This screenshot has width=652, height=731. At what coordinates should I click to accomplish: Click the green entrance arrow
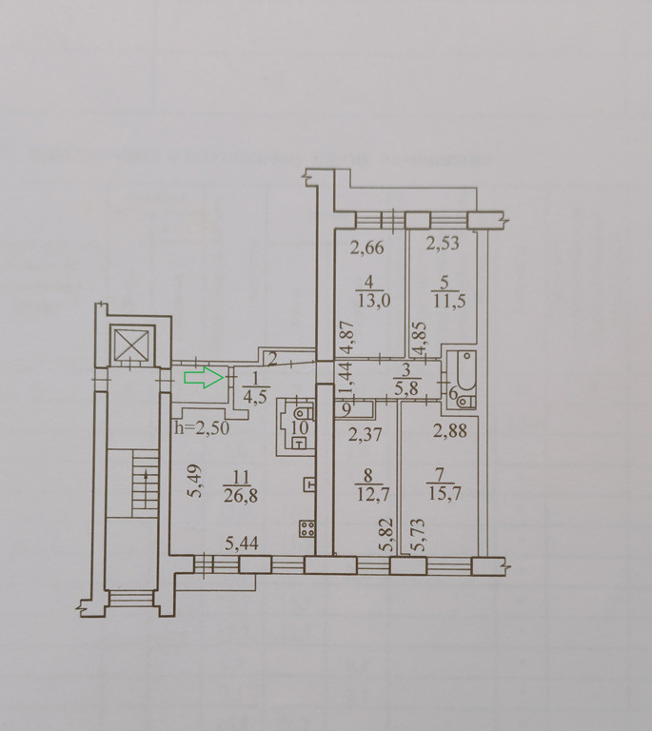pos(204,377)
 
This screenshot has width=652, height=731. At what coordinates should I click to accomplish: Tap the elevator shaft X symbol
pos(132,345)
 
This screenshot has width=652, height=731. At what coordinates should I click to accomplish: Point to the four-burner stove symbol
pos(307,528)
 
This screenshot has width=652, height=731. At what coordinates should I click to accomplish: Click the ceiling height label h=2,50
pos(202,428)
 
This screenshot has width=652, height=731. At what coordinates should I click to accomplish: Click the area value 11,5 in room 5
pos(449,301)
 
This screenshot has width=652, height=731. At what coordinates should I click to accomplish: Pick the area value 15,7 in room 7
pos(445,493)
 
